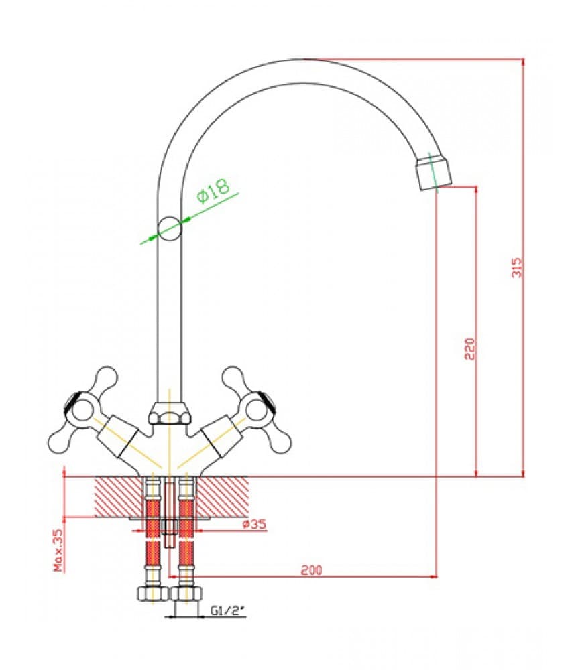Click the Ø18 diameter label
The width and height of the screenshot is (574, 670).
click(213, 190)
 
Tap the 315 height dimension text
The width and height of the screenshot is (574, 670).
click(517, 267)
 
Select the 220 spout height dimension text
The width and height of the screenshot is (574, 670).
click(470, 349)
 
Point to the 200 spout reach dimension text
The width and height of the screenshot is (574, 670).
click(311, 569)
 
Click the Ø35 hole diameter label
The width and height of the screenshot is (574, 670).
click(254, 524)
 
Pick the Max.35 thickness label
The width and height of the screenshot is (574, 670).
click(58, 550)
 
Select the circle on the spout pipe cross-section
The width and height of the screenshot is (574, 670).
click(170, 228)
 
